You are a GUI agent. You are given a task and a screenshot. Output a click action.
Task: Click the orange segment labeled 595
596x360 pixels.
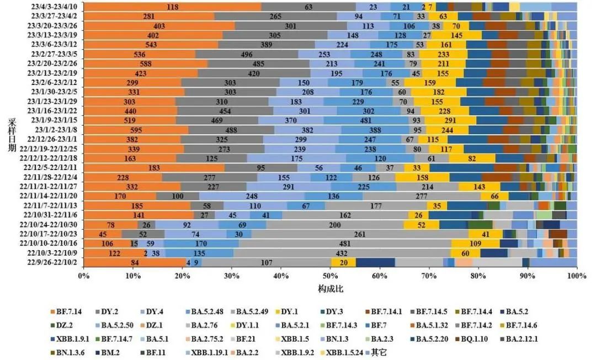136,130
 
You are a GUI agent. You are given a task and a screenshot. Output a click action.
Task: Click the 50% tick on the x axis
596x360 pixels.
331,275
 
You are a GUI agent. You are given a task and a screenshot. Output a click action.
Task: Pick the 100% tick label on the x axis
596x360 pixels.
576,275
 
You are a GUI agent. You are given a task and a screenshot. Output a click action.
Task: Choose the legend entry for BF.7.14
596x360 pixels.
66,312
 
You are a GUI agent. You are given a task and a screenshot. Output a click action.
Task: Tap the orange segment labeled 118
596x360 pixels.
172,7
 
